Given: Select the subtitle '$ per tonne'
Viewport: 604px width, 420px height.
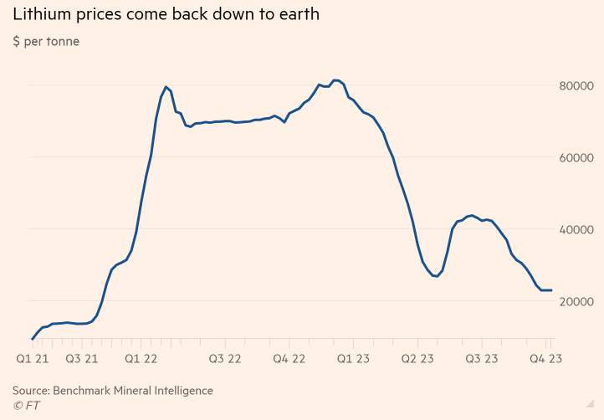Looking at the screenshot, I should (46, 41).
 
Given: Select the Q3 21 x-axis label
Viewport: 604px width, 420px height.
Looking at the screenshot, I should (82, 359).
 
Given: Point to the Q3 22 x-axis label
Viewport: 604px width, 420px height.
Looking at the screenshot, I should (225, 359).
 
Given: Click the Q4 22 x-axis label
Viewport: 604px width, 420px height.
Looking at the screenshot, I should (289, 359).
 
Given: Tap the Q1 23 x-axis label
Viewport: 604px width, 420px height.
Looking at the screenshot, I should (353, 359).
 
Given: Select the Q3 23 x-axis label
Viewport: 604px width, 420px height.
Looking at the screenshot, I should (482, 359).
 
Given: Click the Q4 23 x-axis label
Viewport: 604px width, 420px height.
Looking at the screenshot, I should (545, 359).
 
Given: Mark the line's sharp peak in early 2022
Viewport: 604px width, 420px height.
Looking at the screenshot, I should (166, 86).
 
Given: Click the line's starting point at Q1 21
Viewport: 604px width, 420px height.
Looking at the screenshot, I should (32, 339).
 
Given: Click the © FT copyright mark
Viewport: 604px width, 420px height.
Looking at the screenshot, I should (26, 406).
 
